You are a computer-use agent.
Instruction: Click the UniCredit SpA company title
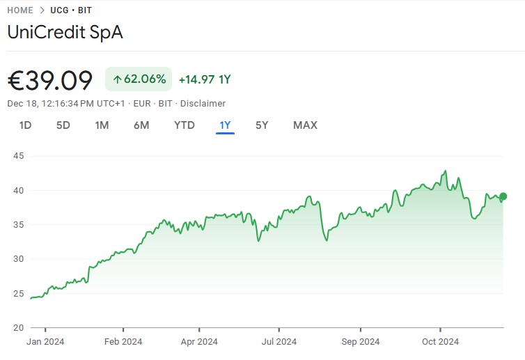point(65,33)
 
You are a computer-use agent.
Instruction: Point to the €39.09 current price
point(50,80)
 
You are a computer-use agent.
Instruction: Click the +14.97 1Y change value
point(204,79)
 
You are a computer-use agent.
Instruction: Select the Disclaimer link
point(203,103)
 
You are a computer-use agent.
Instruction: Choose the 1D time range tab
point(25,125)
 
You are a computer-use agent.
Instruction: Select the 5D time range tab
point(63,125)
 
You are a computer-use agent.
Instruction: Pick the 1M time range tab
point(102,125)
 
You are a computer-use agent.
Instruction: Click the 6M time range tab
point(141,125)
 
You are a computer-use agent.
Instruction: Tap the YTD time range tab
point(184,125)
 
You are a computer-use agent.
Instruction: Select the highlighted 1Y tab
point(225,125)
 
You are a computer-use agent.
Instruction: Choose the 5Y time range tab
point(262,125)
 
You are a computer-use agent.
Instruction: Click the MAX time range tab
point(305,125)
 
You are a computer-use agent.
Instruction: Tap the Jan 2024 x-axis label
point(45,341)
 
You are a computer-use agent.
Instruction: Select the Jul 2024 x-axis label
point(279,341)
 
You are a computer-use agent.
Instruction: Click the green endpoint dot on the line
point(503,196)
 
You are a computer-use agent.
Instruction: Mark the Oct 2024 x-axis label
point(440,341)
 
